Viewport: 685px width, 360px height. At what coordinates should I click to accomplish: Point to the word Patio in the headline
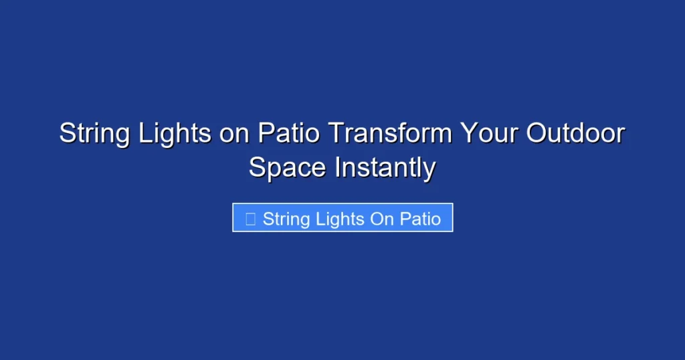[x=290, y=134]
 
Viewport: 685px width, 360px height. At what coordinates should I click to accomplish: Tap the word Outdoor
[x=575, y=134]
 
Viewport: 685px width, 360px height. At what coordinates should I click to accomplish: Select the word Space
[x=288, y=167]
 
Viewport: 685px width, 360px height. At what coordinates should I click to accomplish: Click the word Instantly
[x=385, y=167]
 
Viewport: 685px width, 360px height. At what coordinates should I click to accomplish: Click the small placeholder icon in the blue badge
[x=250, y=219]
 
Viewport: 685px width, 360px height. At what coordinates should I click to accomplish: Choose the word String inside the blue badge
[x=285, y=219]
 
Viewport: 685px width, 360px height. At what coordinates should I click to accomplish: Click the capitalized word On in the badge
[x=382, y=219]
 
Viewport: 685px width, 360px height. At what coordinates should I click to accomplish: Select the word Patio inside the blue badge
[x=421, y=219]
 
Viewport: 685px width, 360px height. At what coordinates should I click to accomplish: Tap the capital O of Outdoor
[x=535, y=134]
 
